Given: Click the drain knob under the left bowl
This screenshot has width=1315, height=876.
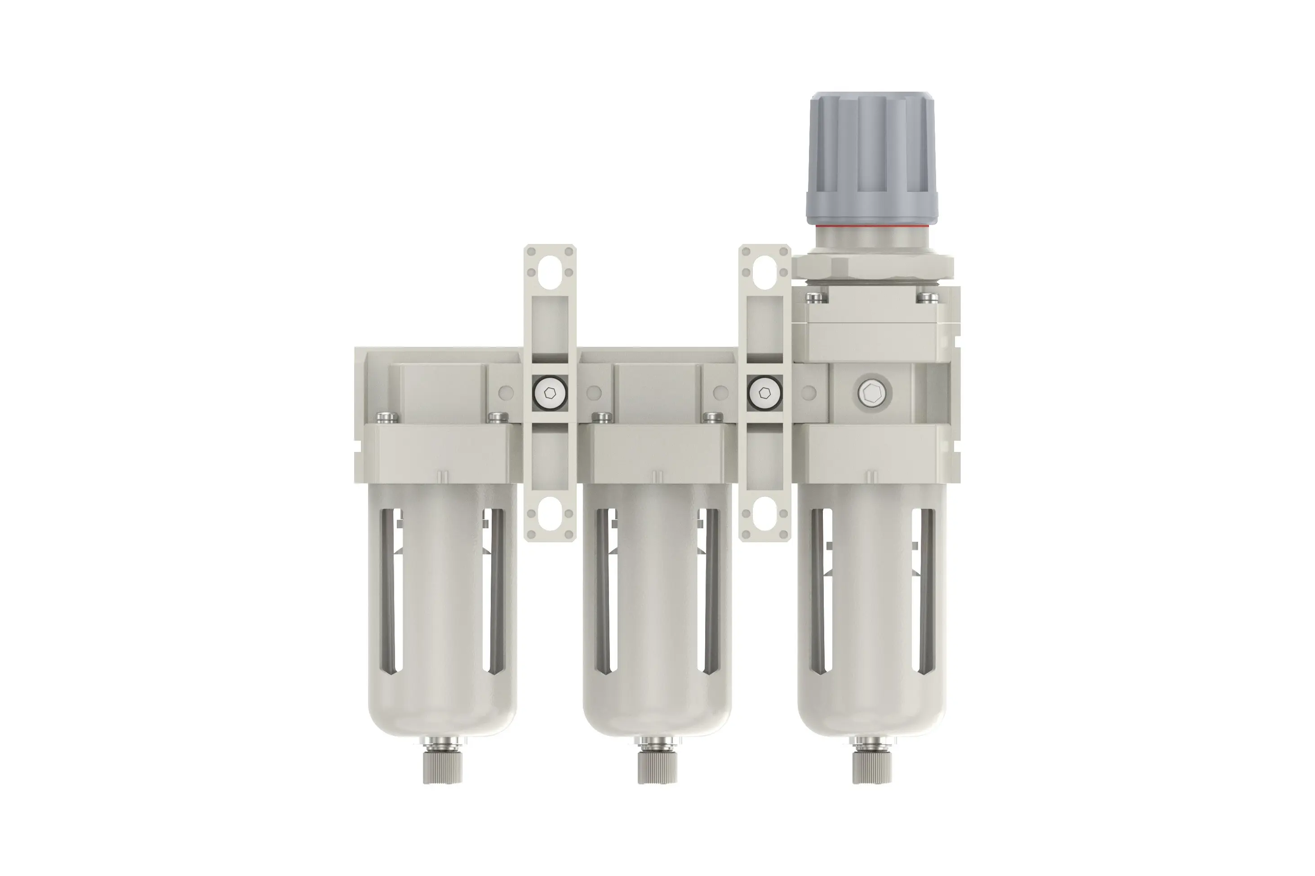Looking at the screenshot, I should (442, 769).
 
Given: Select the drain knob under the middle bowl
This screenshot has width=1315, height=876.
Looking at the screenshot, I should (657, 769).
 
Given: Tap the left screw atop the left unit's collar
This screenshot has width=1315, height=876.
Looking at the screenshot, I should (387, 417).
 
